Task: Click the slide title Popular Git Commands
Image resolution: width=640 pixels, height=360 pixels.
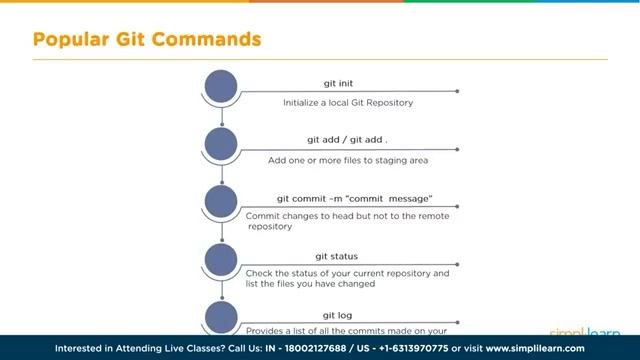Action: pyautogui.click(x=147, y=40)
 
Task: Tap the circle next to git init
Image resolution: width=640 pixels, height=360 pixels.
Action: pyautogui.click(x=221, y=86)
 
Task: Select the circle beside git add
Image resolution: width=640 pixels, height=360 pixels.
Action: pyautogui.click(x=221, y=144)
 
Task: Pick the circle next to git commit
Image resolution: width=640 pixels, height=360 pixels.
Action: pyautogui.click(x=221, y=202)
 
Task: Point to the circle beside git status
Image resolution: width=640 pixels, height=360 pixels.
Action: pyautogui.click(x=221, y=260)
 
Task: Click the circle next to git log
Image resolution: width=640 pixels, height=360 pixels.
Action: pyautogui.click(x=221, y=317)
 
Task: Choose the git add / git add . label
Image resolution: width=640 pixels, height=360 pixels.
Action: pyautogui.click(x=347, y=140)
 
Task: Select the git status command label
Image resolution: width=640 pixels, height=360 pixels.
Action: pyautogui.click(x=336, y=256)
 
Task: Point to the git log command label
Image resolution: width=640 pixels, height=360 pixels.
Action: pyautogui.click(x=336, y=314)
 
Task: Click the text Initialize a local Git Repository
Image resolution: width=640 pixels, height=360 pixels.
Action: pyautogui.click(x=347, y=102)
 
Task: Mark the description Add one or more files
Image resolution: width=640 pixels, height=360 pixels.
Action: pyautogui.click(x=348, y=160)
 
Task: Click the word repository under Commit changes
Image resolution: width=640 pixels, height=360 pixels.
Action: pyautogui.click(x=271, y=227)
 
